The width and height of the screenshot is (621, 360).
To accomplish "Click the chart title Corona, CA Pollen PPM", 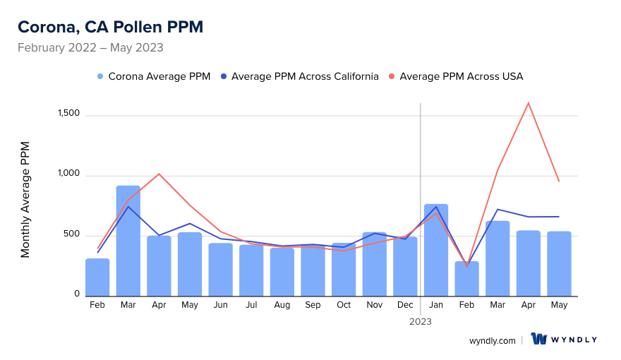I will click(x=110, y=27).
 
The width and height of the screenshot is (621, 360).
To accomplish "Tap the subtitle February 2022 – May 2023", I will click(x=90, y=48).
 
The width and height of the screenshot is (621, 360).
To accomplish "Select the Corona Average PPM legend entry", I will click(x=154, y=76).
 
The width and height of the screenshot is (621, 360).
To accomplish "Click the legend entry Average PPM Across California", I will click(x=299, y=76).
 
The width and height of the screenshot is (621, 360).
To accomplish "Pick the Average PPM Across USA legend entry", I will click(x=456, y=76).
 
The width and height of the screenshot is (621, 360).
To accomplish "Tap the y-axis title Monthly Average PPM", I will click(x=25, y=200).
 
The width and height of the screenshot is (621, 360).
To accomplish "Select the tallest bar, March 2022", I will click(x=128, y=240).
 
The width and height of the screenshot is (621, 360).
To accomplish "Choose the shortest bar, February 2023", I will click(x=466, y=278).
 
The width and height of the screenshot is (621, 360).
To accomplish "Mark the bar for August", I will click(x=282, y=272).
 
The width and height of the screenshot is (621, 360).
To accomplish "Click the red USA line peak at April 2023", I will click(x=528, y=103).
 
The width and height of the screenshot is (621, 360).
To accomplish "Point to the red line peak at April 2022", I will click(x=159, y=174).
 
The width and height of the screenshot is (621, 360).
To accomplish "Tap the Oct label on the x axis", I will click(x=344, y=305).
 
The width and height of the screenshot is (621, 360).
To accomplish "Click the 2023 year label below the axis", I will click(x=421, y=321).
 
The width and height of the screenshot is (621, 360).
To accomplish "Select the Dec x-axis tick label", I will click(x=405, y=305).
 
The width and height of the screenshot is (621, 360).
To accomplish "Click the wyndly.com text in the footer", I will click(x=493, y=340).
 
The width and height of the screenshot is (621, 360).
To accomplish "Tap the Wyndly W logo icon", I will click(x=539, y=340).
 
